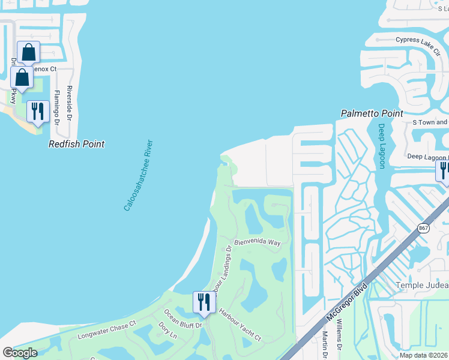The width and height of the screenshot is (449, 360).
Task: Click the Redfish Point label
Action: click(x=77, y=144)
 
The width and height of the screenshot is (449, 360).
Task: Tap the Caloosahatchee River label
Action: click(x=139, y=175)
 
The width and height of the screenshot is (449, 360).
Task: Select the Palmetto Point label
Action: click(x=372, y=113)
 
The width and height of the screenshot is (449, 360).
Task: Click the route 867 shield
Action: click(x=424, y=228)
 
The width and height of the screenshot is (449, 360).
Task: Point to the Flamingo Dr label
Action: click(x=57, y=107)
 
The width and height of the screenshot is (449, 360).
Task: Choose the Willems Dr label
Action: click(x=339, y=339)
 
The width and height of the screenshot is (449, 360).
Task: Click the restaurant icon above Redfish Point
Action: click(x=38, y=112)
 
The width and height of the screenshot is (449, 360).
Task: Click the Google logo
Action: click(x=20, y=353)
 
